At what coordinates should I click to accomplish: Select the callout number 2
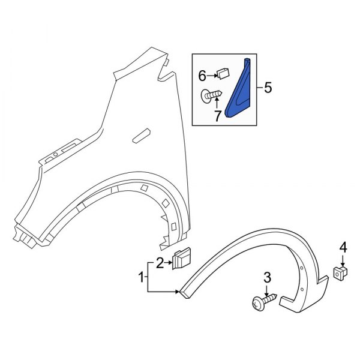160,261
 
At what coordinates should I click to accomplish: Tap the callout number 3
266,277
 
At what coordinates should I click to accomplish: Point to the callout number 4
343,247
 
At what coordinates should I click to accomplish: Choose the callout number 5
268,88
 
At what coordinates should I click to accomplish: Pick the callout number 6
202,75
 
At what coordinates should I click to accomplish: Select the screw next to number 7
214,95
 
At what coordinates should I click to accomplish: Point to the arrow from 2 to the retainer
169,261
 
